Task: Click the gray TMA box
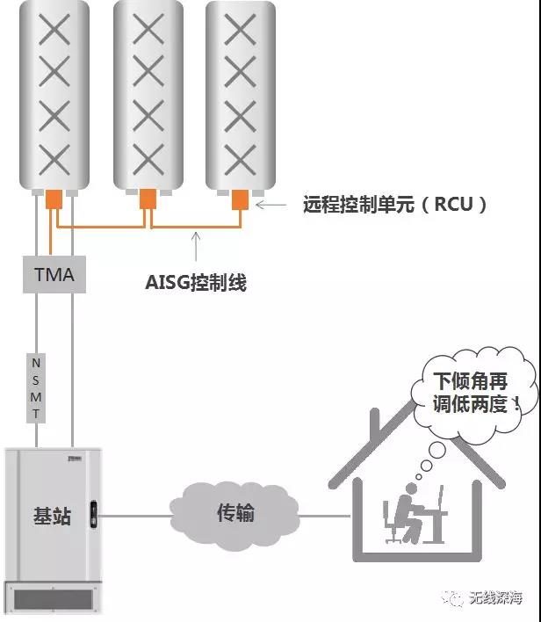pyautogui.click(x=54, y=274)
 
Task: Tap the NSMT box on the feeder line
pyautogui.click(x=36, y=388)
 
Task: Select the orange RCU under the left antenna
pyautogui.click(x=54, y=199)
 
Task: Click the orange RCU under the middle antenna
pyautogui.click(x=148, y=199)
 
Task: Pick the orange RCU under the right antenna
pyautogui.click(x=240, y=199)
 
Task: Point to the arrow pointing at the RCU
pyautogui.click(x=270, y=205)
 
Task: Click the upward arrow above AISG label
pyautogui.click(x=196, y=246)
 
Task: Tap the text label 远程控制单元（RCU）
pyautogui.click(x=395, y=205)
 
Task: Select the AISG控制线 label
pyautogui.click(x=196, y=282)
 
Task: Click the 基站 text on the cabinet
pyautogui.click(x=52, y=516)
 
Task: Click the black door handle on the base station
pyautogui.click(x=94, y=515)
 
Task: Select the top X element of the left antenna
pyautogui.click(x=54, y=29)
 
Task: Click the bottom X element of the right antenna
pyautogui.click(x=240, y=160)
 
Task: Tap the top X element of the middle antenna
pyautogui.click(x=148, y=29)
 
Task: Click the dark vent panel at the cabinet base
pyautogui.click(x=54, y=599)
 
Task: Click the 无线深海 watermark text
pyautogui.click(x=496, y=597)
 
